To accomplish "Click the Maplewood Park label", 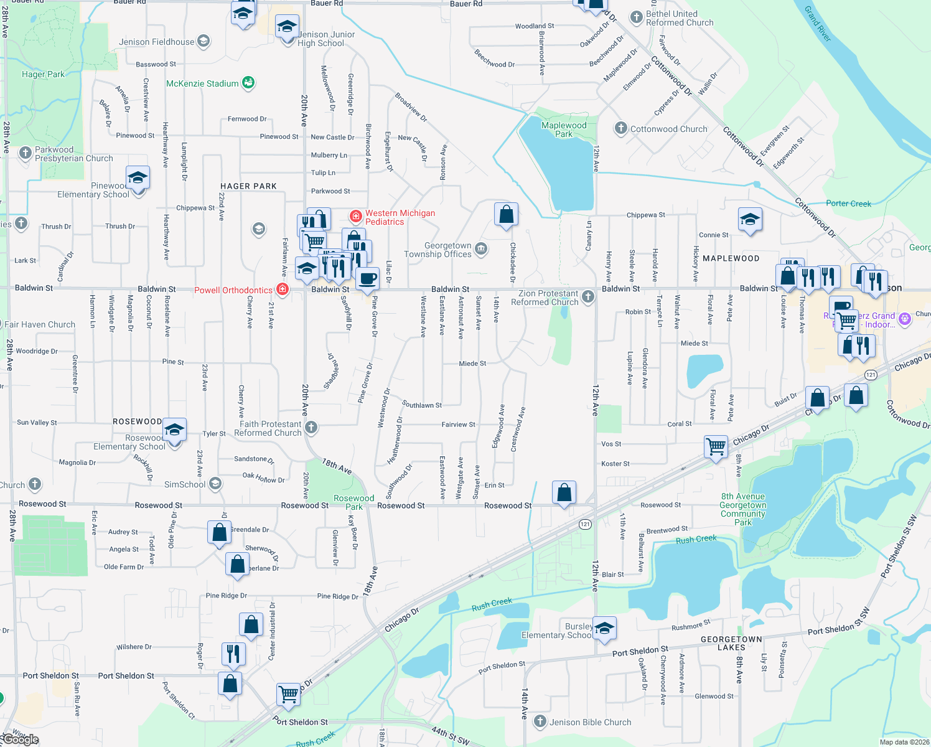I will tap(564, 129).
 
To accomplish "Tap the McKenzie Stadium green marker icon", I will tap(248, 83).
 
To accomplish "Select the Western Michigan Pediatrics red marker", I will tap(356, 217).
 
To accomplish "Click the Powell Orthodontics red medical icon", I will tap(283, 289).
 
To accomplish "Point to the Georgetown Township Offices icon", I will tap(481, 249).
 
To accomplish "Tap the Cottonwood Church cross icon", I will tap(620, 129).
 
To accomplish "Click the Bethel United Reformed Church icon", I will tap(636, 17).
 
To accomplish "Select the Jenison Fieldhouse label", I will tap(157, 42).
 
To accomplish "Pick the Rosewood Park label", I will tap(354, 502).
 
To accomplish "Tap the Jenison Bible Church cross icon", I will tap(540, 721).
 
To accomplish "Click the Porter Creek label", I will tap(848, 204).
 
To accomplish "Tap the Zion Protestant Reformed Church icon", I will tap(588, 297).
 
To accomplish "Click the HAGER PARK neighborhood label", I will tap(248, 186).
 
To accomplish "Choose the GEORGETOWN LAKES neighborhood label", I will tap(731, 644).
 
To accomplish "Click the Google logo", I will tap(20, 740).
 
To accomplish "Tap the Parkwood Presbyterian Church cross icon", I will tap(25, 153).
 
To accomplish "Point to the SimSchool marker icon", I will tap(215, 484).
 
